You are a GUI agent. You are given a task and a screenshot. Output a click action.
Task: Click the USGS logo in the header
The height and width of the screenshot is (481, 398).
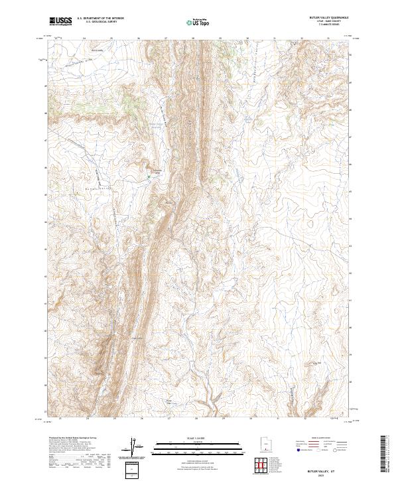click(60, 22)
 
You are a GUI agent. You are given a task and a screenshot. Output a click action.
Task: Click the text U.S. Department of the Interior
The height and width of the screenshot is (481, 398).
click(100, 19)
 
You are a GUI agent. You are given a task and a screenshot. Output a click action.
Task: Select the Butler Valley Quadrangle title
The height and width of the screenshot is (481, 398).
click(329, 19)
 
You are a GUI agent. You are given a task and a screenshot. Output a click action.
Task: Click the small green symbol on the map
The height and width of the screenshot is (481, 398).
click(149, 177)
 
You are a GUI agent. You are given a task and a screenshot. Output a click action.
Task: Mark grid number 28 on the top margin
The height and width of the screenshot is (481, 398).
click(192, 38)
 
